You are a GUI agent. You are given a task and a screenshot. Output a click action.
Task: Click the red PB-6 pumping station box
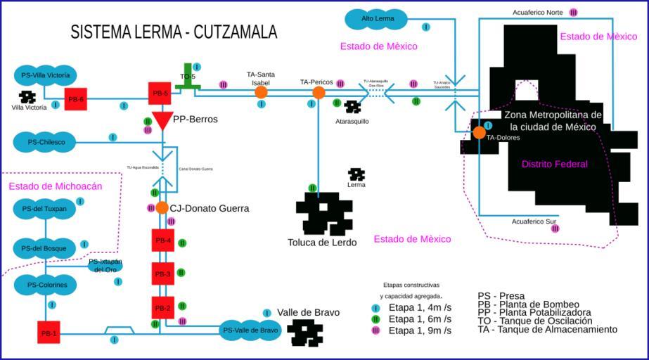[75, 99]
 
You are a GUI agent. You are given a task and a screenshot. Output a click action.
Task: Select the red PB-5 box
[160, 93]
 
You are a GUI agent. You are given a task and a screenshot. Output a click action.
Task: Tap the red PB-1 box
[49, 333]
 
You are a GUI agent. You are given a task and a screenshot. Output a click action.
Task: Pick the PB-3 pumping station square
[163, 274]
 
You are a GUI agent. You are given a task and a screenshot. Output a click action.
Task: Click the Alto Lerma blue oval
[378, 18]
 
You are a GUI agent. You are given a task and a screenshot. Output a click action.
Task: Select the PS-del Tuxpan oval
[44, 209]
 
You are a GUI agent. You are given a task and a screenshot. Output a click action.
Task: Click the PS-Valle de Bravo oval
[250, 330]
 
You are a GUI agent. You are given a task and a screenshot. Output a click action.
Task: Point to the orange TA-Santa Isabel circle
[261, 92]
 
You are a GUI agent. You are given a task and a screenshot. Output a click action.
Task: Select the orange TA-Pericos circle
[319, 93]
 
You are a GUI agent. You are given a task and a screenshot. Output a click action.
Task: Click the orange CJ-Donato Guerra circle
[162, 208]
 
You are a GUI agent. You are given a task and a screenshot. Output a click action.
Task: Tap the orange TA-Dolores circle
[479, 132]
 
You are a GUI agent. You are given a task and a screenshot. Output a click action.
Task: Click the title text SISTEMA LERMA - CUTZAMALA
[174, 32]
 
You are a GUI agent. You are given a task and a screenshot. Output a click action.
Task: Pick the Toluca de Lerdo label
[322, 243]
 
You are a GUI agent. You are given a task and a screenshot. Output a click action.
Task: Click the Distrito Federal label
[554, 164]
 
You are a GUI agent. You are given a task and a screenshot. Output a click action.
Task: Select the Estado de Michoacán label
[56, 186]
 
